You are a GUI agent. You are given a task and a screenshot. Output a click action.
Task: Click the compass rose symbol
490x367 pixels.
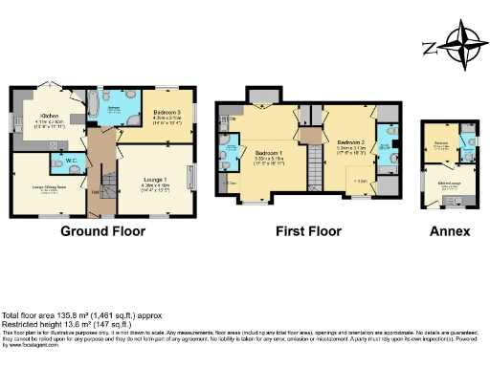457,45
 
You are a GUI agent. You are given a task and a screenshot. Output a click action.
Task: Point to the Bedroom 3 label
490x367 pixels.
167,114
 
